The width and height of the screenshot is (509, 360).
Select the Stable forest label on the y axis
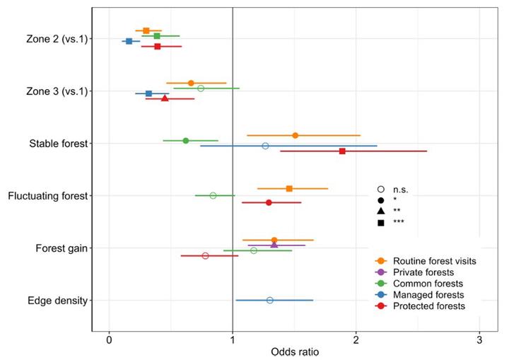coord(58,144)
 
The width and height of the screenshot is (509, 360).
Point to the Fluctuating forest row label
coord(47,196)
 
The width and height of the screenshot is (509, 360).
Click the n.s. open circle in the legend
coord(381,189)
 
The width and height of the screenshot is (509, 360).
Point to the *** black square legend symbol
coord(381,223)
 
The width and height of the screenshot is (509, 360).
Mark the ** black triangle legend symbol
coord(381,211)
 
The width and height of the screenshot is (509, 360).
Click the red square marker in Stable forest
coord(342,151)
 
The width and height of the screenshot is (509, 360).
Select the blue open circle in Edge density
coord(270,301)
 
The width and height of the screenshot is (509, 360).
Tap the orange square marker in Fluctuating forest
coord(289,189)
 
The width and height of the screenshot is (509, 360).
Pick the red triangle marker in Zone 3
coord(165,98)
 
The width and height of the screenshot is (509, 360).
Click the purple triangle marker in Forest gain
coord(274,245)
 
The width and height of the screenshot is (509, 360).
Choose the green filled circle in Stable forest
coord(186,141)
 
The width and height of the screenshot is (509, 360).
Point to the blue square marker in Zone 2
coord(129,42)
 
